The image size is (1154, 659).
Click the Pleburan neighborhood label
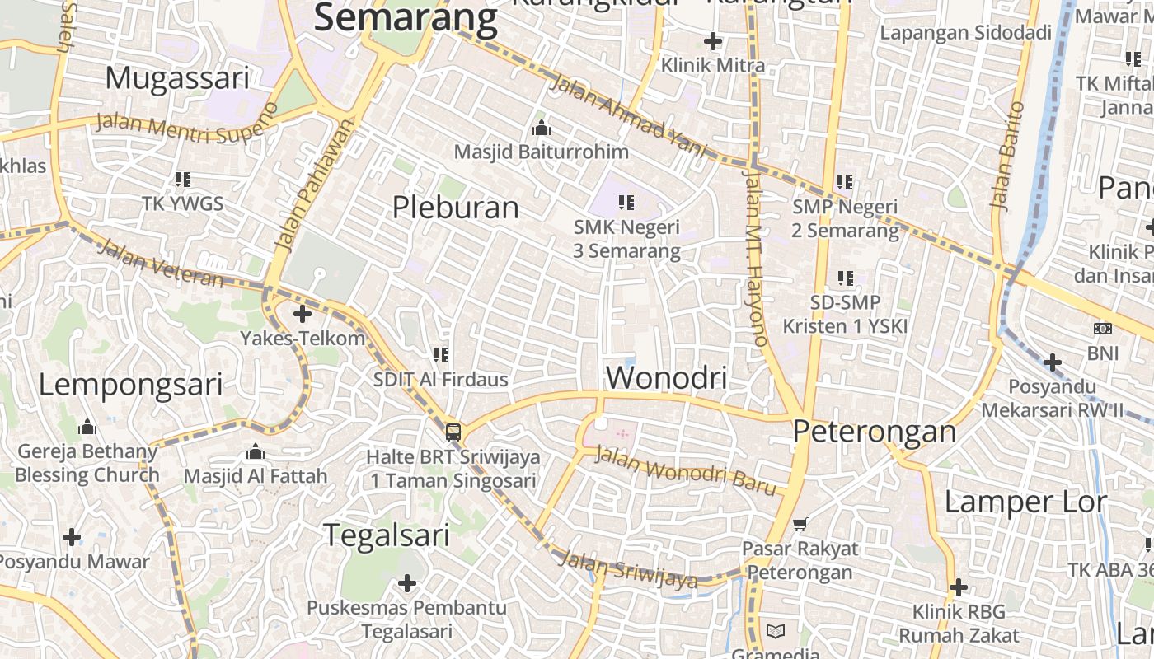(x=455, y=208)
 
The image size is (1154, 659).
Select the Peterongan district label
(x=875, y=432)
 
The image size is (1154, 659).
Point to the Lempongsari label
(x=130, y=385)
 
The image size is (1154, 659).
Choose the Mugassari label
(x=176, y=78)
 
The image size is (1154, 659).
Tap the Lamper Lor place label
(x=1025, y=502)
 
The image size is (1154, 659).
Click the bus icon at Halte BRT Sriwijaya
(x=453, y=432)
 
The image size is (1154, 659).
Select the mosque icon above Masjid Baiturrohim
(x=542, y=128)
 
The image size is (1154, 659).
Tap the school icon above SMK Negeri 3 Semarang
(x=626, y=202)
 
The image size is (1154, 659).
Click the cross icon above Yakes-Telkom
(x=303, y=314)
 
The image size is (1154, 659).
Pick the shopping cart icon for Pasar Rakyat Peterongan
(x=800, y=524)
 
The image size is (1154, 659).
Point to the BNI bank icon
(x=1102, y=329)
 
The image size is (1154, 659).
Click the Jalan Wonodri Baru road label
(x=686, y=471)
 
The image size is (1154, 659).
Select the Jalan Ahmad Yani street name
(x=628, y=116)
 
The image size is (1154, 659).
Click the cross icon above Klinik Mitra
(x=713, y=40)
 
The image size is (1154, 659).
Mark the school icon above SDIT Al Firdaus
(x=441, y=355)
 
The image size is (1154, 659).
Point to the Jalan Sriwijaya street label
(x=628, y=570)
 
